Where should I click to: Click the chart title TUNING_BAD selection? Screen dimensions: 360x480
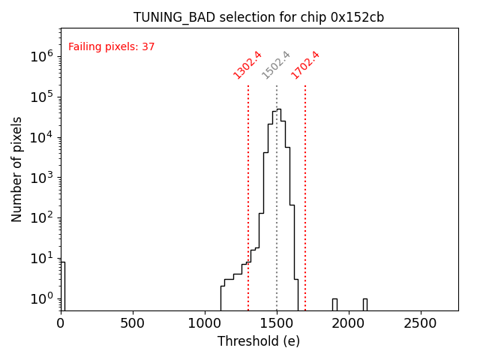coord(259,17)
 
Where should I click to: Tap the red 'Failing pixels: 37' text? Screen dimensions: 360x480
coord(111,46)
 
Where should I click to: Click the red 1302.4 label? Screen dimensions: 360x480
coord(247,64)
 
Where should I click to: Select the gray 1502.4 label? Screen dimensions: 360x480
coord(276,64)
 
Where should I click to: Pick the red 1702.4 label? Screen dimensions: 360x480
coord(305,64)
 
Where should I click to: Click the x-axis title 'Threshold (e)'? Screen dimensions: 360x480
coord(259,341)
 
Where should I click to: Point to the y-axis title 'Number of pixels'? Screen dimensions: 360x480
coord(17,169)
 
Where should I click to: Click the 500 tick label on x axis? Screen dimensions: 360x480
coord(133,324)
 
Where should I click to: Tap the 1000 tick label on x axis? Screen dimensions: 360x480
coord(205,324)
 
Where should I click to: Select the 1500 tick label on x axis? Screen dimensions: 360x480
coord(277,324)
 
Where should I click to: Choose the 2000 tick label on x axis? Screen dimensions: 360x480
coord(349,324)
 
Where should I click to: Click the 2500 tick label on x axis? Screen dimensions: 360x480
coord(420,324)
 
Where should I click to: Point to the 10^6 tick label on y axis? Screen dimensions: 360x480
coord(40,56)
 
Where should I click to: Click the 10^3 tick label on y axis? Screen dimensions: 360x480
coord(40,178)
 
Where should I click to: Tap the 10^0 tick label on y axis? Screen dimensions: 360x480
coord(40,299)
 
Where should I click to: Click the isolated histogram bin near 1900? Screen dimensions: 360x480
coord(334,304)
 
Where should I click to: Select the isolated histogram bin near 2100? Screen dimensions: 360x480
coord(365,304)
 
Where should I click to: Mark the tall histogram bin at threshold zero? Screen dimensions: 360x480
coord(63,285)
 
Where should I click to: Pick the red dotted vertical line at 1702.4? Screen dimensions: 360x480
coord(305,187)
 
